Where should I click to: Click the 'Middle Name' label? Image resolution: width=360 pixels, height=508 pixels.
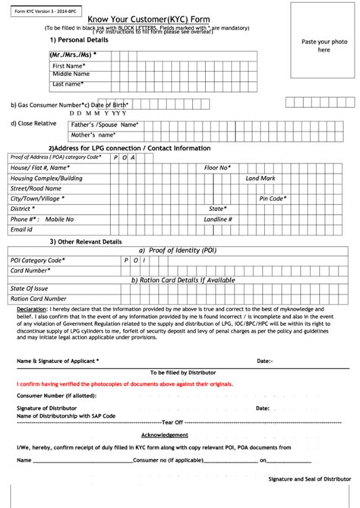pyautogui.click(x=72, y=75)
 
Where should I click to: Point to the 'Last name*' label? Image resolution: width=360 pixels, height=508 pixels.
pyautogui.click(x=68, y=84)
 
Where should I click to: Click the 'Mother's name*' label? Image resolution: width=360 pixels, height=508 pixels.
pyautogui.click(x=95, y=134)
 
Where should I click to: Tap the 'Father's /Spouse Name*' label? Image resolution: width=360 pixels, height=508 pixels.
pyautogui.click(x=104, y=124)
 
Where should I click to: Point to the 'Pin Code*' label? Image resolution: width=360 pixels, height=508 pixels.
pyautogui.click(x=271, y=197)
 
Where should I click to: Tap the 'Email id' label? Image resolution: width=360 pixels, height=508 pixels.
pyautogui.click(x=21, y=229)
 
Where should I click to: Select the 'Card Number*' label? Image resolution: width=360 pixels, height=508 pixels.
pyautogui.click(x=31, y=270)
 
